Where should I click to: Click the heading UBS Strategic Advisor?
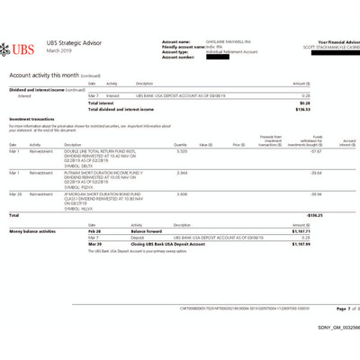78,42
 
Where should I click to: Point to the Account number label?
178,57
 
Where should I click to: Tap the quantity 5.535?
182,152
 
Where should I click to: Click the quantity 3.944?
182,172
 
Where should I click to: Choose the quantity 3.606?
182,193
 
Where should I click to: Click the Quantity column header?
180,144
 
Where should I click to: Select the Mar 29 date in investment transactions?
14,193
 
